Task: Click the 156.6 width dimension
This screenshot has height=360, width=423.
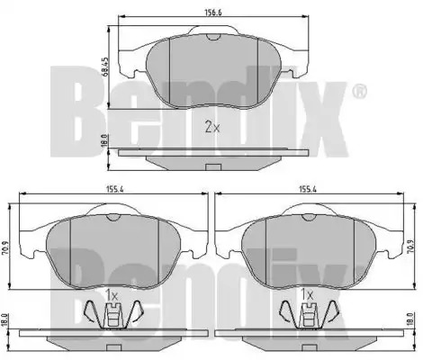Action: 213,13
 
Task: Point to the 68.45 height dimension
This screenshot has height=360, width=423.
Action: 104,67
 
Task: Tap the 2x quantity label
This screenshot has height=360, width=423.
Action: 212,128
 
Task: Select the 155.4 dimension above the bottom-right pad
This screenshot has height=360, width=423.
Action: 308,189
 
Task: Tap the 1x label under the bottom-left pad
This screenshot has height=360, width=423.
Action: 112,296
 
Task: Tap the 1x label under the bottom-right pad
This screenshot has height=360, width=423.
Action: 307,296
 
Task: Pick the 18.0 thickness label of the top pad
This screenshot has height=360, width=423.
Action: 104,141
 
